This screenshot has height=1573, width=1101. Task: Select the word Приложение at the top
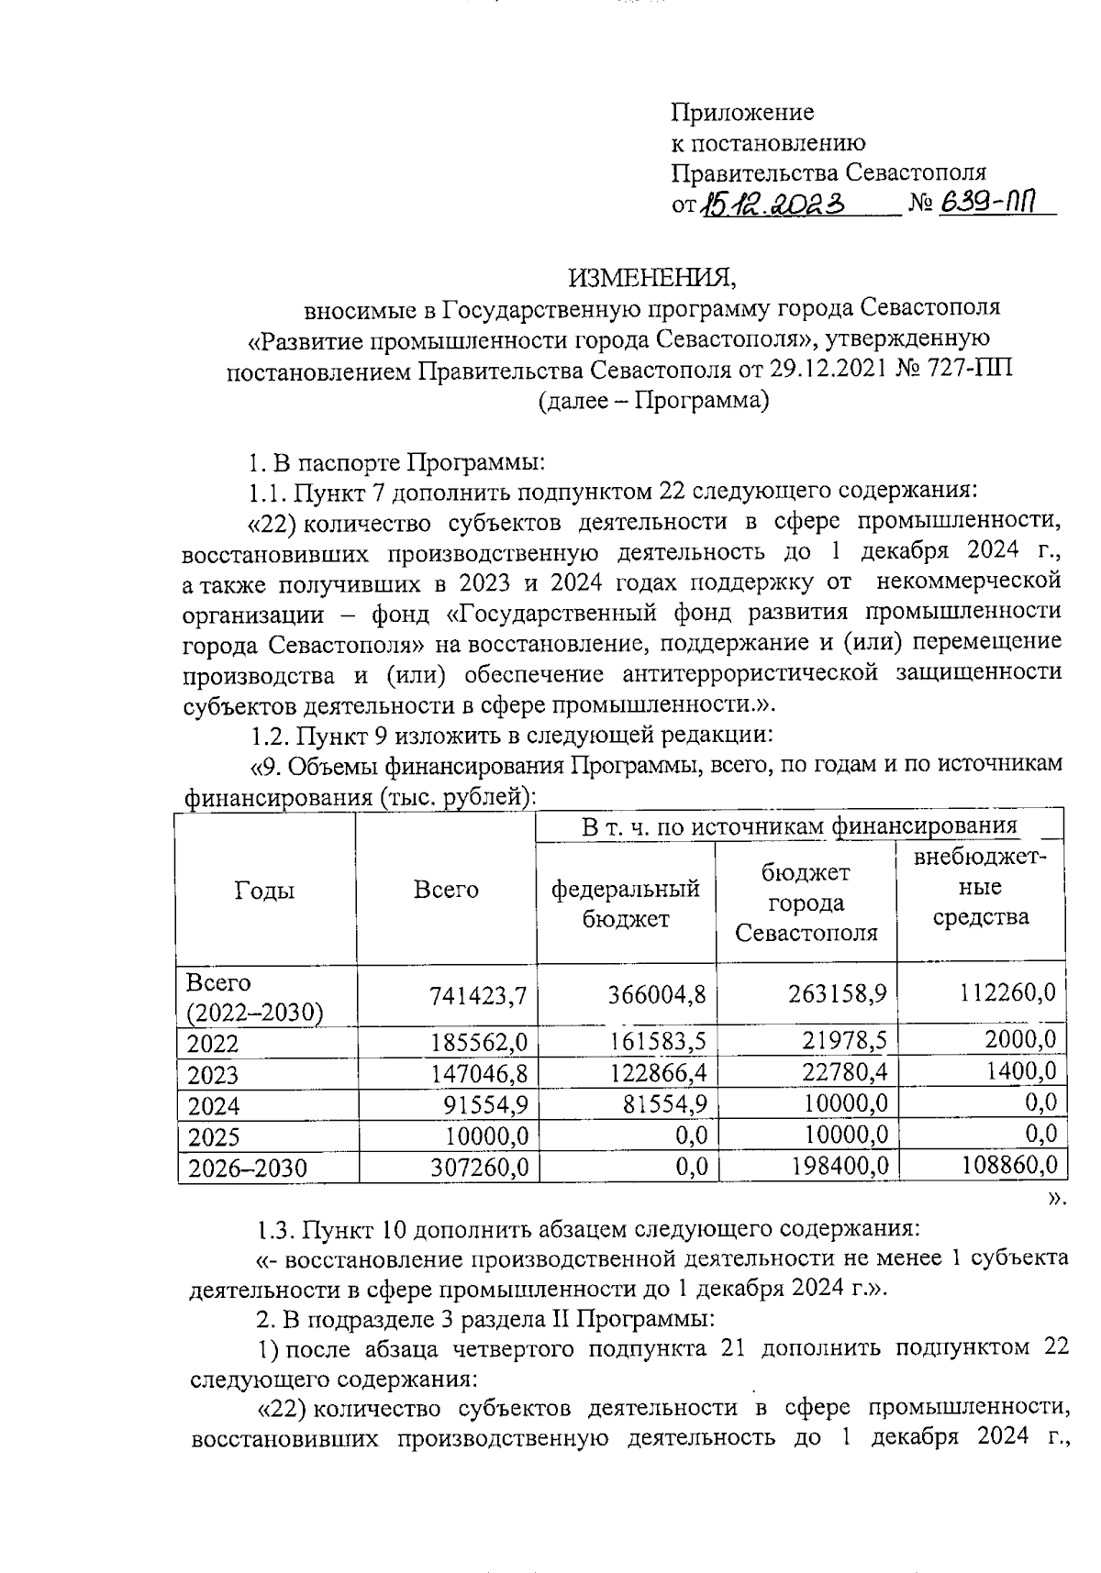(742, 113)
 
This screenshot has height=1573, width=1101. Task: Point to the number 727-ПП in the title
(973, 371)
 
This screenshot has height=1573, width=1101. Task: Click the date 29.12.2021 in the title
(827, 371)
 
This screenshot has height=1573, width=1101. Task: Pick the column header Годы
(264, 890)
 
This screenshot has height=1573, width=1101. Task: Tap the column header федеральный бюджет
(625, 903)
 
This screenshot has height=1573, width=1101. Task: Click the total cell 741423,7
(479, 996)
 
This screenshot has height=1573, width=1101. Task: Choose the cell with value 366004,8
(657, 996)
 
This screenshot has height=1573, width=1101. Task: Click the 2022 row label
(212, 1044)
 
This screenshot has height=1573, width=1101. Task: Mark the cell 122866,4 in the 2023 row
(657, 1073)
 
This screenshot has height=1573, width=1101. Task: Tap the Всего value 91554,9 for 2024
(485, 1104)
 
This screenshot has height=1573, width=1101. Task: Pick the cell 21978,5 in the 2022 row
(842, 1041)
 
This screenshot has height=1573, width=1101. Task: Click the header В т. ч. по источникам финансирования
(799, 825)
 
